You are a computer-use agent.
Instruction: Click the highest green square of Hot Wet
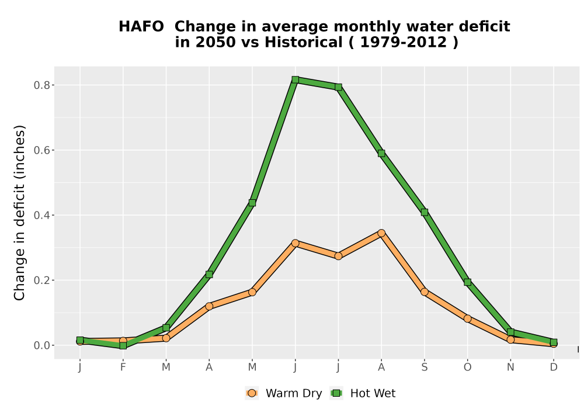pyautogui.click(x=296, y=79)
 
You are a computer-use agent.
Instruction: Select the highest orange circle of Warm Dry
pyautogui.click(x=381, y=233)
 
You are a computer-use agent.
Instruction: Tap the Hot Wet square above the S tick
pyautogui.click(x=425, y=212)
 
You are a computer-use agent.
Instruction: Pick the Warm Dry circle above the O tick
pyautogui.click(x=467, y=318)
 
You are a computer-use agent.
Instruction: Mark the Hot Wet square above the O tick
pyautogui.click(x=467, y=282)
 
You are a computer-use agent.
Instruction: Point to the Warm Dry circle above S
pyautogui.click(x=425, y=292)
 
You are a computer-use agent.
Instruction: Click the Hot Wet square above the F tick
pyautogui.click(x=123, y=346)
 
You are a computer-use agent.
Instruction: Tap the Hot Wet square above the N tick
pyautogui.click(x=510, y=332)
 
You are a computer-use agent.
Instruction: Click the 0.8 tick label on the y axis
pyautogui.click(x=42, y=85)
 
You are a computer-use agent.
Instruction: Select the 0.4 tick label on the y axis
pyautogui.click(x=42, y=215)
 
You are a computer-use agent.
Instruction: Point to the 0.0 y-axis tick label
pyautogui.click(x=42, y=345)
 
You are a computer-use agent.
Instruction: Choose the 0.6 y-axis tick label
pyautogui.click(x=42, y=150)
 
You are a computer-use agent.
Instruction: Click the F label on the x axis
pyautogui.click(x=123, y=368)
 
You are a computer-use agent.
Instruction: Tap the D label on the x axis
pyautogui.click(x=554, y=368)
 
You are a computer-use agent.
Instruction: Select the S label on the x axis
pyautogui.click(x=425, y=368)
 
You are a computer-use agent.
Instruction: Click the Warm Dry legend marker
pyautogui.click(x=252, y=393)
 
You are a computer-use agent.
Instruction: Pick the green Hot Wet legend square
pyautogui.click(x=337, y=393)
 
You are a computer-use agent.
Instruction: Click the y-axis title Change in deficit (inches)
pyautogui.click(x=19, y=213)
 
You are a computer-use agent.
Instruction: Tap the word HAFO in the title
pyautogui.click(x=141, y=27)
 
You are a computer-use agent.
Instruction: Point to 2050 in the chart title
pyautogui.click(x=215, y=43)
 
